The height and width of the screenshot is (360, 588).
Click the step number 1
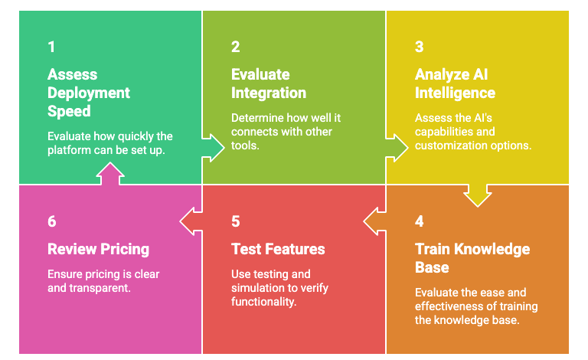click(x=51, y=47)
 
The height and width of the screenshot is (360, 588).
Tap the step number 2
click(x=236, y=47)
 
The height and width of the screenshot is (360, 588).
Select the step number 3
click(x=420, y=47)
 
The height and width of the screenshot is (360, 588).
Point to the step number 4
click(x=420, y=221)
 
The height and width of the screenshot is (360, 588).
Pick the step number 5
click(x=236, y=221)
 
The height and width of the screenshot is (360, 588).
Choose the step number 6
click(x=52, y=221)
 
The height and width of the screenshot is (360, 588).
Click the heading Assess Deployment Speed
click(x=89, y=93)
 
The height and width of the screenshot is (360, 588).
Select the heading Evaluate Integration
click(x=268, y=83)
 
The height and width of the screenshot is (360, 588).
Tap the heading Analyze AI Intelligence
click(x=455, y=83)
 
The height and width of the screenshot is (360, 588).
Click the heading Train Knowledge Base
click(x=472, y=258)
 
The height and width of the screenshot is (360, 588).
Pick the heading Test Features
click(x=278, y=249)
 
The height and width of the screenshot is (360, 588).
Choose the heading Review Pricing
click(x=98, y=249)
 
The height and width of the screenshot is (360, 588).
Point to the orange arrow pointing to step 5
click(x=374, y=221)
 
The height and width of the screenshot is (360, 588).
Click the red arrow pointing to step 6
click(x=191, y=221)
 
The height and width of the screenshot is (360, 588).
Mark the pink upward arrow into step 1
click(x=109, y=175)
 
